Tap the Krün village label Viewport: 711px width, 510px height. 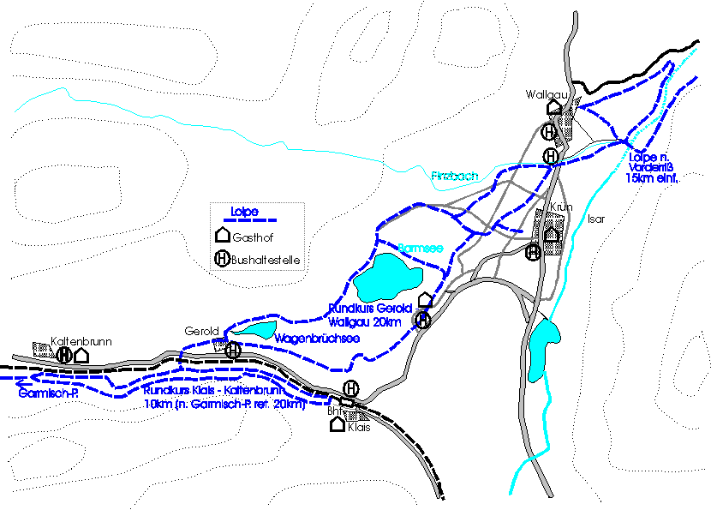[x=561, y=208]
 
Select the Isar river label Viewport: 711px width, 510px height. [x=596, y=219]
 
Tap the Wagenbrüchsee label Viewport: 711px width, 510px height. [x=316, y=339]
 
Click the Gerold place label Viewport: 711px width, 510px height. [x=203, y=331]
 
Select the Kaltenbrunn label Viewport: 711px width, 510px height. [x=81, y=340]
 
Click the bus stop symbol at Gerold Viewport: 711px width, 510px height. [x=233, y=349]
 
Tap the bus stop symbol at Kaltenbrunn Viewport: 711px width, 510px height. [x=63, y=354]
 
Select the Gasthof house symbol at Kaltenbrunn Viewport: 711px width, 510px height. [x=81, y=354]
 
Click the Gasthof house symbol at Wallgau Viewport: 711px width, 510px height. [x=553, y=107]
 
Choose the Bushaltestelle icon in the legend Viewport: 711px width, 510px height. [x=222, y=256]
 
